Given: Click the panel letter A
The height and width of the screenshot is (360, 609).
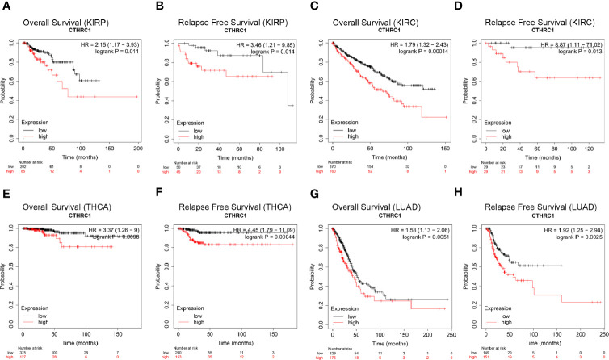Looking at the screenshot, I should tap(6, 6).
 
